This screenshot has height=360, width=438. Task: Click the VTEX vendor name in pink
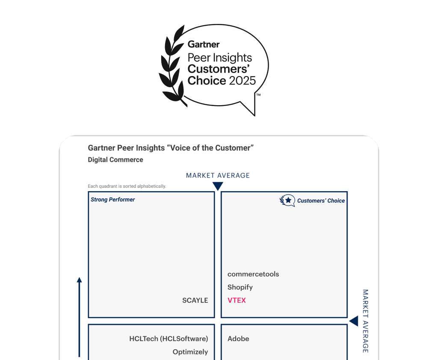237,300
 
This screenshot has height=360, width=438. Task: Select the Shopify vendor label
240,287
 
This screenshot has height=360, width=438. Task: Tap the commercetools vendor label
253,274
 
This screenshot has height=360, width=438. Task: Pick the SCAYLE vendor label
195,300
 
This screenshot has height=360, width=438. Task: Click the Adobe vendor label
238,339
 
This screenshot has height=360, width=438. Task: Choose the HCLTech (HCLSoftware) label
169,339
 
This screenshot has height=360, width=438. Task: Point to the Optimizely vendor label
190,352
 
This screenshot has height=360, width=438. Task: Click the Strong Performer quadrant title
113,200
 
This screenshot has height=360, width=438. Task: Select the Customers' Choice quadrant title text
321,201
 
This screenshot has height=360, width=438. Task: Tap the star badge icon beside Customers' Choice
287,201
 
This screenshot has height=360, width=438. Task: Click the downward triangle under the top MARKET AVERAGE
218,186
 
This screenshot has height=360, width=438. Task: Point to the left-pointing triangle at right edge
353,321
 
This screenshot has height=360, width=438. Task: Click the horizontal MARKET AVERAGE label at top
218,175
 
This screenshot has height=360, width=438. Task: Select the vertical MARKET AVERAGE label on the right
365,321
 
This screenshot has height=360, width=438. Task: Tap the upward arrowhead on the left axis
79,280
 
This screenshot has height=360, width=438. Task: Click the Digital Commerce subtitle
115,159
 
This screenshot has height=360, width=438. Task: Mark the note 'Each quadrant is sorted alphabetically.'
127,186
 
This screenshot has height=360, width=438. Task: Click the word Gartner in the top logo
204,44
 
